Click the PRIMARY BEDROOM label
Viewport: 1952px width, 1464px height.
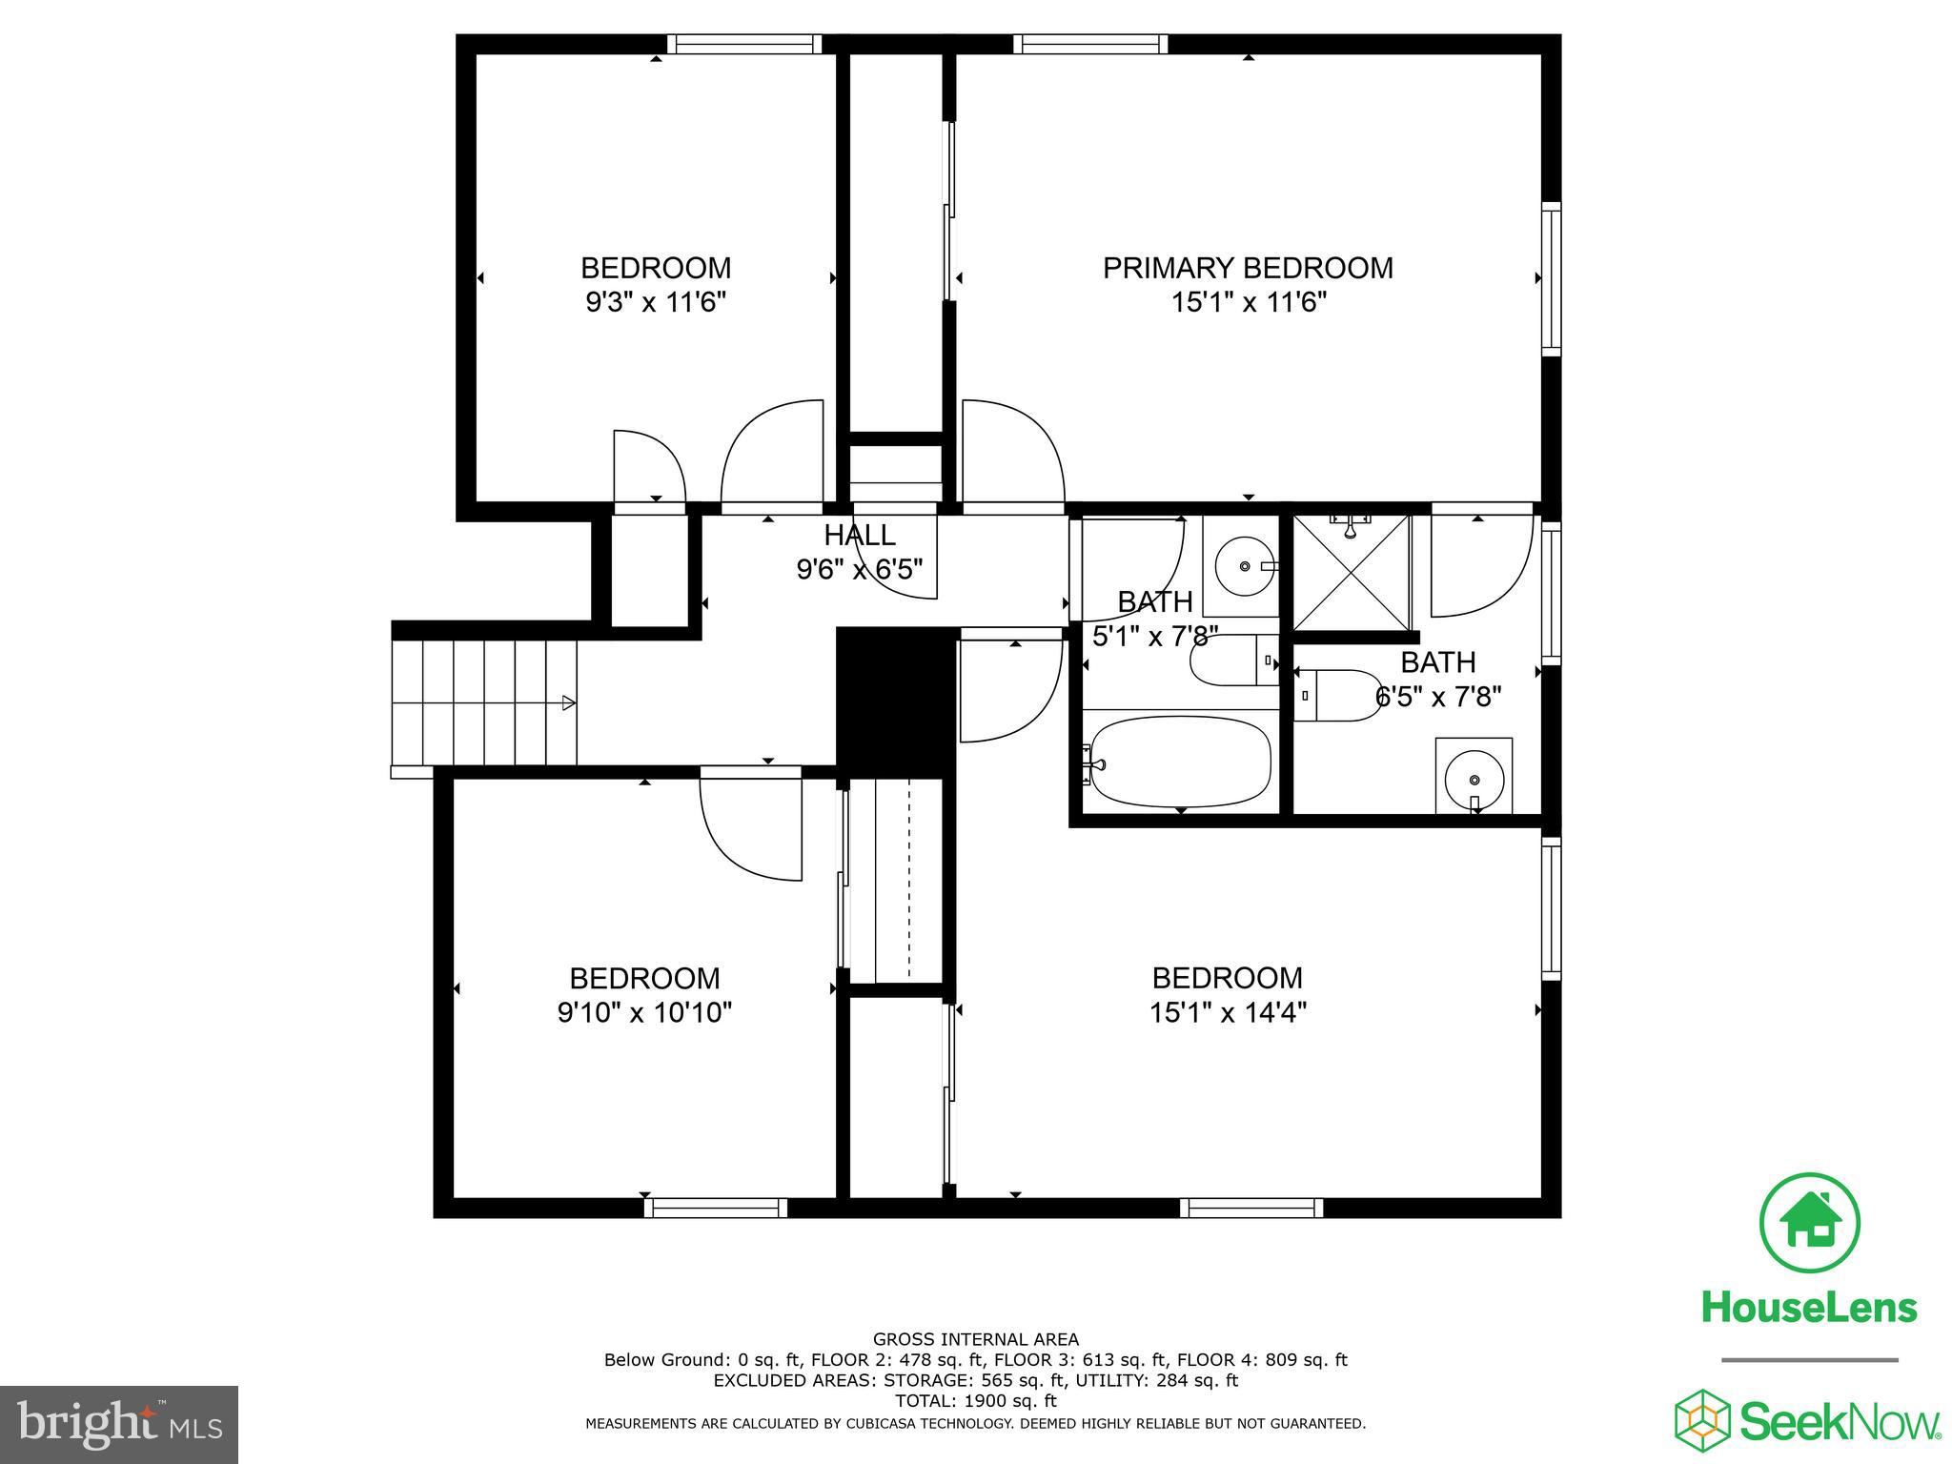1248,268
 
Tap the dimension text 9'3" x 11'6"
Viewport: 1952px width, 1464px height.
656,303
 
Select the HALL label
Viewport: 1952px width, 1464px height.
860,535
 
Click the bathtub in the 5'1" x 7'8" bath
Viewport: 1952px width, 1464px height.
1181,763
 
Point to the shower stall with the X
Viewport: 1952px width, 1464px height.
1351,572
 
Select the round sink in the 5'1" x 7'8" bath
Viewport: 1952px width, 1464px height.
1244,566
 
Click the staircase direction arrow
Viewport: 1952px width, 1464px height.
568,703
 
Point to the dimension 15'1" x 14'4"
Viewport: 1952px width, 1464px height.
1228,1012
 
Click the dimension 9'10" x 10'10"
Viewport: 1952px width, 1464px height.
644,1012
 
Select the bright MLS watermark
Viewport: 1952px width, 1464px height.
119,1425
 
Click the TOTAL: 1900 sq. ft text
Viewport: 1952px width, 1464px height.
975,1401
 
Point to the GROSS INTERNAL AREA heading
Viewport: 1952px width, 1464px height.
975,1340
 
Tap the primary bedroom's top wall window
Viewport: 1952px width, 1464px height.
1090,44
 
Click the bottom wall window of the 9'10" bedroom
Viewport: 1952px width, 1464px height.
716,1208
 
